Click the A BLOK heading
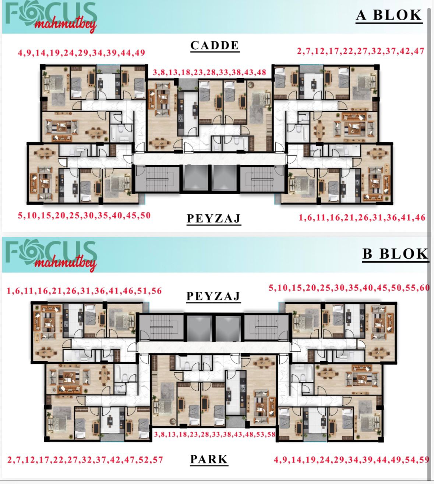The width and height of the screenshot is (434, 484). click(389, 15)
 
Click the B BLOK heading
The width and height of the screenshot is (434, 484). click(395, 254)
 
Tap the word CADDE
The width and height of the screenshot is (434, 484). click(215, 45)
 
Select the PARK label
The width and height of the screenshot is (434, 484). click(209, 459)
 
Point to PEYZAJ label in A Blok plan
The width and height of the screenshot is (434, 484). click(214, 218)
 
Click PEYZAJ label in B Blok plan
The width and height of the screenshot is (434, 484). click(213, 296)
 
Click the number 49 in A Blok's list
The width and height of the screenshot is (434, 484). click(140, 53)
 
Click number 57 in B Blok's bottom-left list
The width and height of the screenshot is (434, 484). click(158, 460)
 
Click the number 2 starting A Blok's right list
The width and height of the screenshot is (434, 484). click(299, 51)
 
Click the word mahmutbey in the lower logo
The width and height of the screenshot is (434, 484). click(65, 264)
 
